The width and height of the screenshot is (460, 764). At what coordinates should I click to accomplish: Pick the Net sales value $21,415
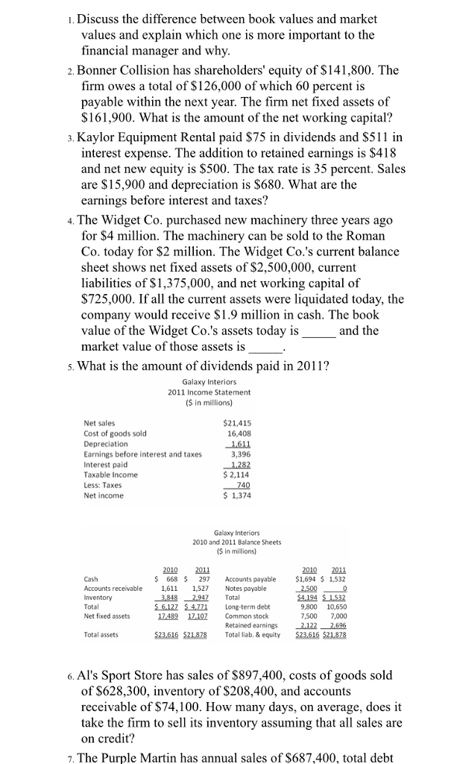tap(245, 423)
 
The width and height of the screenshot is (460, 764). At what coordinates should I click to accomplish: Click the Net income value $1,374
tap(245, 495)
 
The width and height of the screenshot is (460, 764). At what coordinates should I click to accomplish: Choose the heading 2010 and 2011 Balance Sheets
tap(236, 542)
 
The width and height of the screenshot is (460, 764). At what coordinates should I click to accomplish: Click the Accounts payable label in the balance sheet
tap(255, 579)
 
